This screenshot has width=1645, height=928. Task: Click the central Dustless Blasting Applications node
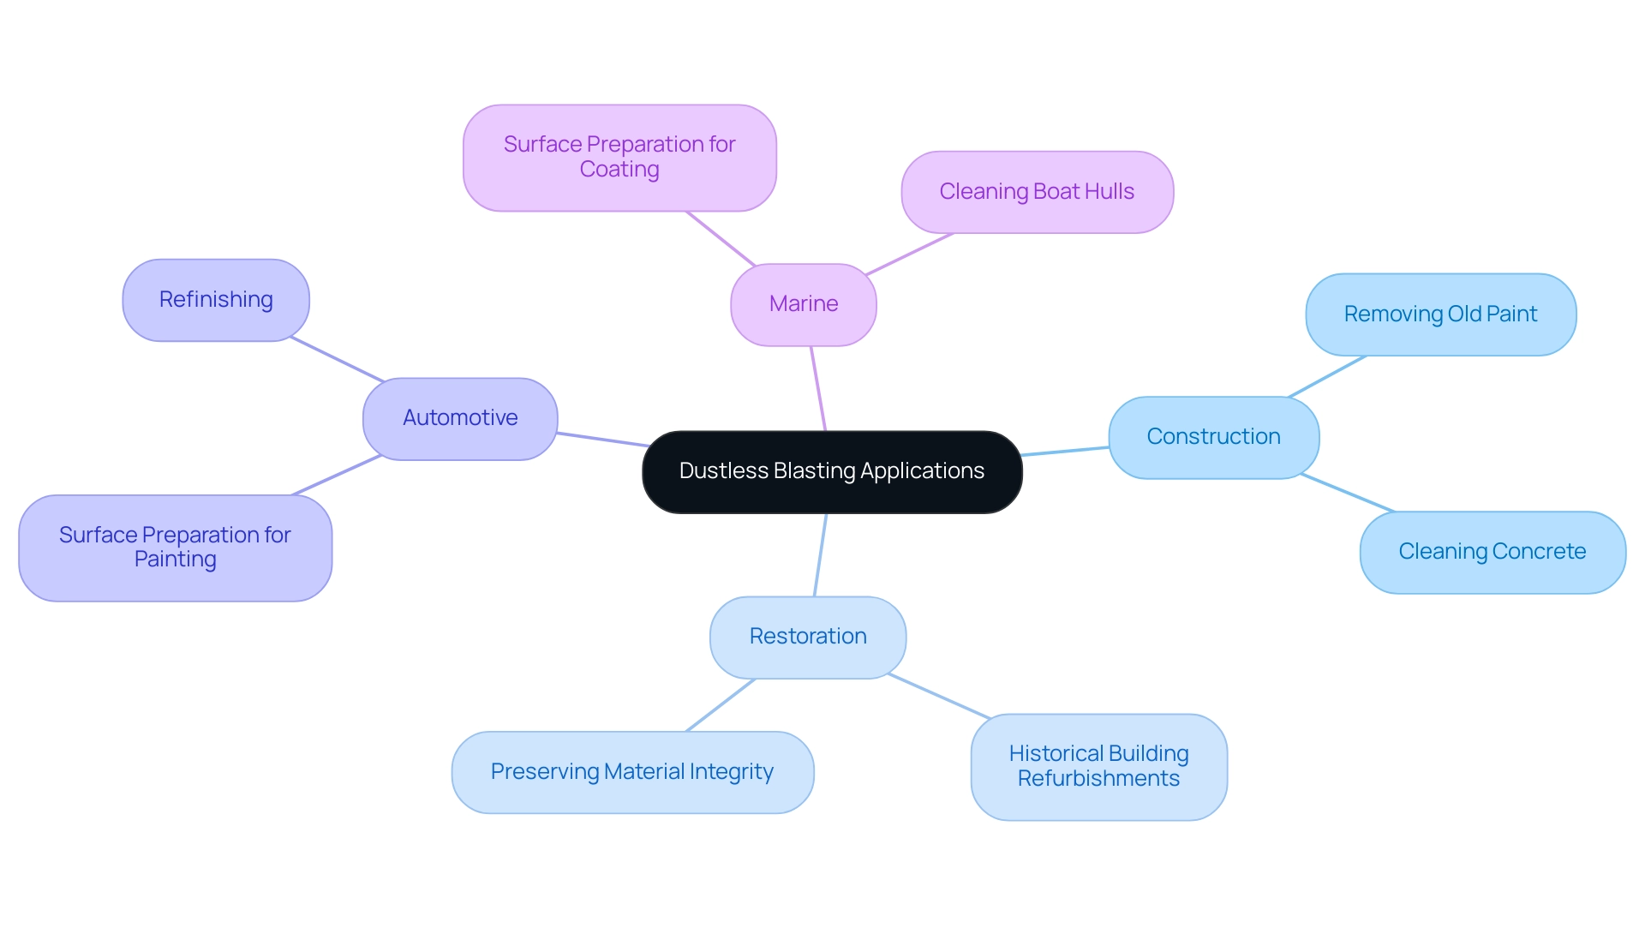831,472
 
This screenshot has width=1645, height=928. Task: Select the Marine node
803,304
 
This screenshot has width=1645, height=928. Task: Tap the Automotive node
460,418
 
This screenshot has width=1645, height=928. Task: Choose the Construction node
1213,437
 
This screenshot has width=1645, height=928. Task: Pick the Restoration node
807,637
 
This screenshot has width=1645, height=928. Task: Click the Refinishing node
216,300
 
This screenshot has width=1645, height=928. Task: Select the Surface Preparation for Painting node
175,548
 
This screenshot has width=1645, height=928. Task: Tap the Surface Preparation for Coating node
619,158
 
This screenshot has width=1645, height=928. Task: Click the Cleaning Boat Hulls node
1037,192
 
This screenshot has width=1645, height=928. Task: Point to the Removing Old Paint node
1440,314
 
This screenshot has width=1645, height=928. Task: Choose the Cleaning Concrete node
1492,552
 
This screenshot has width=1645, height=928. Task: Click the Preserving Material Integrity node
632,772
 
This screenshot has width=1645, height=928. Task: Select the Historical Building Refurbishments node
1098,767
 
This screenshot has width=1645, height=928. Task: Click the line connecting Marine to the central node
818,388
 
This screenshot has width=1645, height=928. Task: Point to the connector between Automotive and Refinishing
337,359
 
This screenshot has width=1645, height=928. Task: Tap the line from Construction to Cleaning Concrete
1348,493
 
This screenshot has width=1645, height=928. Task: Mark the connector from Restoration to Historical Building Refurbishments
939,696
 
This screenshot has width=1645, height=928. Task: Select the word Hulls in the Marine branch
1110,192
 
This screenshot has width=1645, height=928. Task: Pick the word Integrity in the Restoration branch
733,772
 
